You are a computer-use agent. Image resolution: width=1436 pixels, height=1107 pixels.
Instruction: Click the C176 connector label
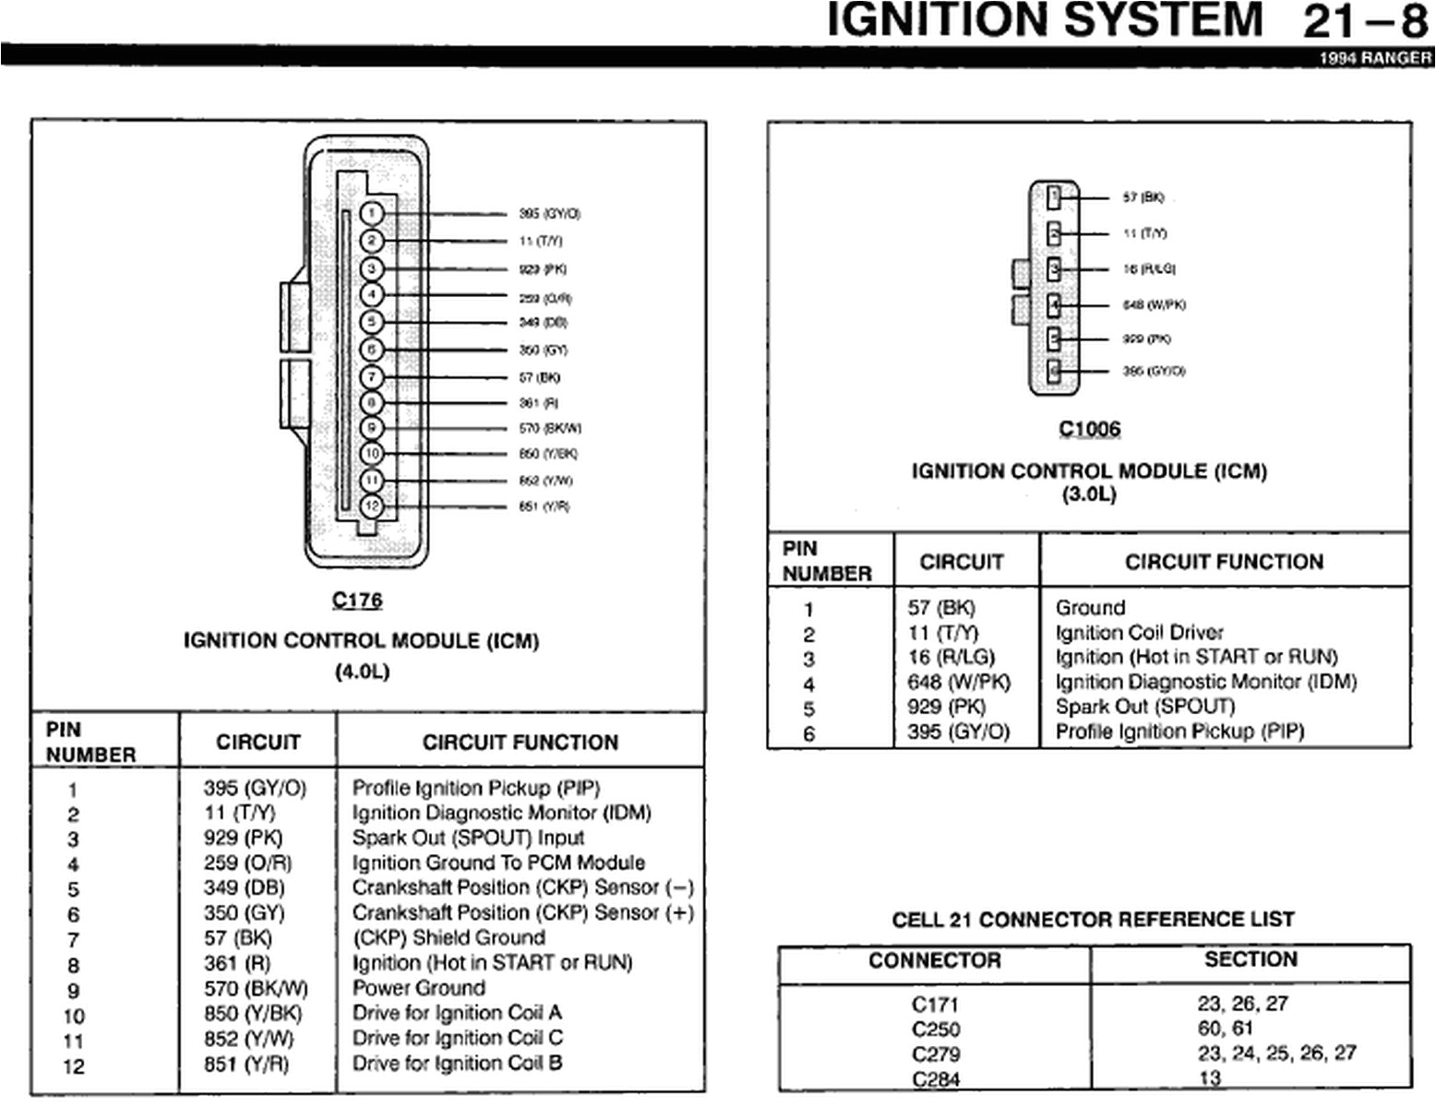pyautogui.click(x=357, y=601)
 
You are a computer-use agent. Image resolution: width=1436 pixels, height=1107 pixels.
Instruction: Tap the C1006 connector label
pyautogui.click(x=1089, y=429)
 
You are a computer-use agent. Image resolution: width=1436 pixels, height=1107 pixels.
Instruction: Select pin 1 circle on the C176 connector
pyautogui.click(x=371, y=214)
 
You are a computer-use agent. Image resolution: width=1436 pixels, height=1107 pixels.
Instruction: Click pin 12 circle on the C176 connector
pyautogui.click(x=371, y=506)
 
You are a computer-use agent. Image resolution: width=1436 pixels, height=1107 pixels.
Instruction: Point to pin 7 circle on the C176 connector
pyautogui.click(x=371, y=376)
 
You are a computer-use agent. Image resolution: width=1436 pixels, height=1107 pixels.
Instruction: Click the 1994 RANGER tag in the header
pyautogui.click(x=1375, y=57)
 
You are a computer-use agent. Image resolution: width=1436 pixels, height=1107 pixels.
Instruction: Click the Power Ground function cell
pyautogui.click(x=418, y=987)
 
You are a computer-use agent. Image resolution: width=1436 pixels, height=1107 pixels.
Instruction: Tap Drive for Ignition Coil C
pyautogui.click(x=457, y=1038)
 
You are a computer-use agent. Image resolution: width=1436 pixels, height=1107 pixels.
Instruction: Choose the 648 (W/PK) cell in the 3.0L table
pyautogui.click(x=959, y=683)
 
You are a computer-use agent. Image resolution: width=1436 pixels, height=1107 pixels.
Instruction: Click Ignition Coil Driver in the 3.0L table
pyautogui.click(x=1139, y=633)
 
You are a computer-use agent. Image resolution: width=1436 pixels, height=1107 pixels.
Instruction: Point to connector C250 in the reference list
pyautogui.click(x=935, y=1030)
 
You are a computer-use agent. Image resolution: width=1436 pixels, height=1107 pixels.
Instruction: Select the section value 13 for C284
pyautogui.click(x=1209, y=1078)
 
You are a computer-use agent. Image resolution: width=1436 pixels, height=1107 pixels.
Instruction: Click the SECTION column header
pyautogui.click(x=1251, y=959)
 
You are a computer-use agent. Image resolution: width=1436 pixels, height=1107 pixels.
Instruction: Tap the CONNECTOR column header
pyautogui.click(x=934, y=960)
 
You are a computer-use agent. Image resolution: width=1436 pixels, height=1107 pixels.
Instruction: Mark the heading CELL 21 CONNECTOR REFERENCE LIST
pyautogui.click(x=1093, y=920)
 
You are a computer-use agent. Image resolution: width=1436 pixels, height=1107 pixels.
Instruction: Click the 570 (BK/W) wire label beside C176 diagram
pyautogui.click(x=550, y=428)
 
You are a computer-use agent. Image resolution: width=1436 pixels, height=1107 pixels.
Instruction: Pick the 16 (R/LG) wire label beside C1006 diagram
pyautogui.click(x=1149, y=269)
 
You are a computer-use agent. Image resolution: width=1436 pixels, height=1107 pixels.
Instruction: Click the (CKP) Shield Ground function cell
pyautogui.click(x=449, y=937)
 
